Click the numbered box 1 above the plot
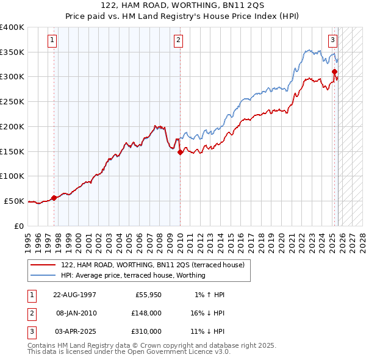click(x=52, y=41)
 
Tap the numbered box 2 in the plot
click(x=178, y=41)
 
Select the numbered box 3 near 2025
click(x=333, y=41)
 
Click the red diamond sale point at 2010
click(x=180, y=153)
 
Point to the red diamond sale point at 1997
click(x=54, y=198)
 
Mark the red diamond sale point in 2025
click(x=335, y=72)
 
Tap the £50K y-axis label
click(x=15, y=201)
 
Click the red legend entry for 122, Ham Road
click(x=152, y=265)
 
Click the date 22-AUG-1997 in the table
click(x=75, y=294)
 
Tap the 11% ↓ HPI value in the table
click(x=207, y=331)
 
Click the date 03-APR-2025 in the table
click(x=75, y=331)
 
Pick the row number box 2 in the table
click(x=30, y=313)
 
